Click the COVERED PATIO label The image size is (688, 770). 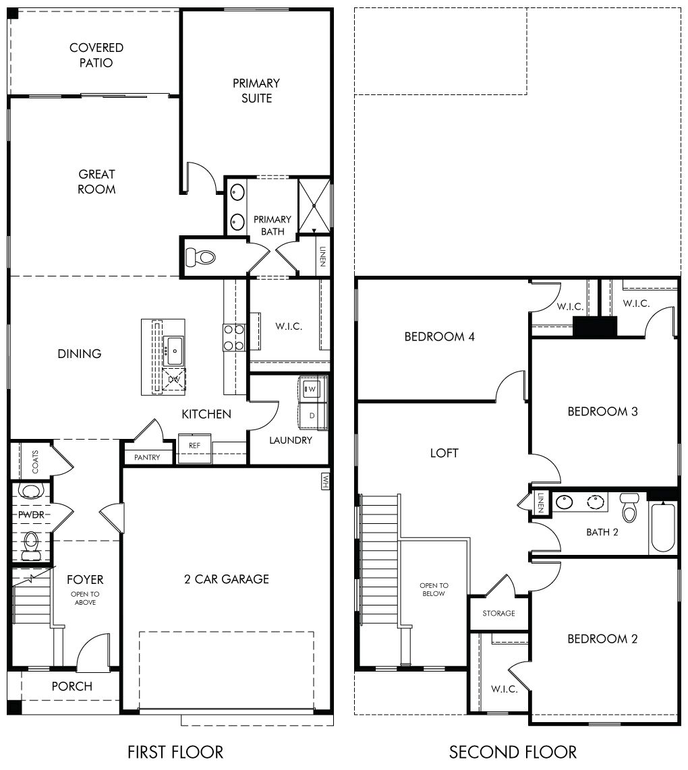(x=96, y=55)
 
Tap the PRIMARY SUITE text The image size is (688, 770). (x=256, y=90)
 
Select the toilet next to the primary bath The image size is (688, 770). (x=200, y=256)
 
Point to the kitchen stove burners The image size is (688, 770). (x=233, y=338)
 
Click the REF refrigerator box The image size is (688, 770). (x=194, y=446)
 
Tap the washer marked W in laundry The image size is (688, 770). (x=312, y=388)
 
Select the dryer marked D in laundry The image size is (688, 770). (x=312, y=415)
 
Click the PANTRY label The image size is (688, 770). (x=147, y=458)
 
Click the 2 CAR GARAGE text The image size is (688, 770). (x=227, y=579)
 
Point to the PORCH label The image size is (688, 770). (x=71, y=686)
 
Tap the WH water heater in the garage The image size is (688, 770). (x=325, y=481)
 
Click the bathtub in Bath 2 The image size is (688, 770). (x=663, y=527)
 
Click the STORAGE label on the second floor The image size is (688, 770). (x=498, y=614)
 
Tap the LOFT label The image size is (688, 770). (x=444, y=453)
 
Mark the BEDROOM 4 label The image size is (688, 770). (x=439, y=336)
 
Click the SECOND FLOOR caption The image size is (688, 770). (x=513, y=751)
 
